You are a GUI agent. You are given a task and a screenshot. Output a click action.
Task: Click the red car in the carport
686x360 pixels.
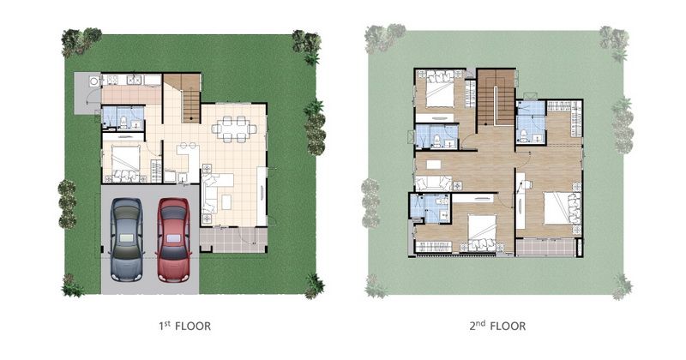174,240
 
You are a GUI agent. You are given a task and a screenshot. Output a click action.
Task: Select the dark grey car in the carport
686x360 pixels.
126,240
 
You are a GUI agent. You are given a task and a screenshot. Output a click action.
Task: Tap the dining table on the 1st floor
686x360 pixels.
234,129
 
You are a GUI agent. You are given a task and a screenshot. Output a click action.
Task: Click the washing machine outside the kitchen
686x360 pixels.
94,81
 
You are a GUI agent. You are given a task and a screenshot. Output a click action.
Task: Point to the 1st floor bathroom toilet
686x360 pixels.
123,122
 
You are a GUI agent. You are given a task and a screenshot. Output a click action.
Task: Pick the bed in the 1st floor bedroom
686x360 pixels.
125,163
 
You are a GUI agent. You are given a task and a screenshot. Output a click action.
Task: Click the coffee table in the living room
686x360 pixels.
226,202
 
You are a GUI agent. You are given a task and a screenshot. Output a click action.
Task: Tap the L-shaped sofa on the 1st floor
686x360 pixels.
215,193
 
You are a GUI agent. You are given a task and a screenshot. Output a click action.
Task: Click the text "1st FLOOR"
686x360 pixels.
184,326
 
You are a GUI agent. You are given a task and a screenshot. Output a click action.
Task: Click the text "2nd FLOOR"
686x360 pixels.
497,326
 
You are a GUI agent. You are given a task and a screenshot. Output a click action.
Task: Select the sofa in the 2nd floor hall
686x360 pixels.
433,183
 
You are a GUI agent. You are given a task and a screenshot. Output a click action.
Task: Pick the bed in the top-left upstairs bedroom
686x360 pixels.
441,89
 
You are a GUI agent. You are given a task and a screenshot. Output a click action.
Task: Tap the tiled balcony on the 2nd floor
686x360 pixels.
545,247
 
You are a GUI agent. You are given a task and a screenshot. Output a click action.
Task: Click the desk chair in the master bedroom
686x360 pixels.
527,184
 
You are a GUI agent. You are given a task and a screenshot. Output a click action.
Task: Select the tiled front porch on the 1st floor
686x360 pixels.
233,240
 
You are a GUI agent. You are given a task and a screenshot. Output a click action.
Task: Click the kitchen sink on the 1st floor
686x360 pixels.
133,80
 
